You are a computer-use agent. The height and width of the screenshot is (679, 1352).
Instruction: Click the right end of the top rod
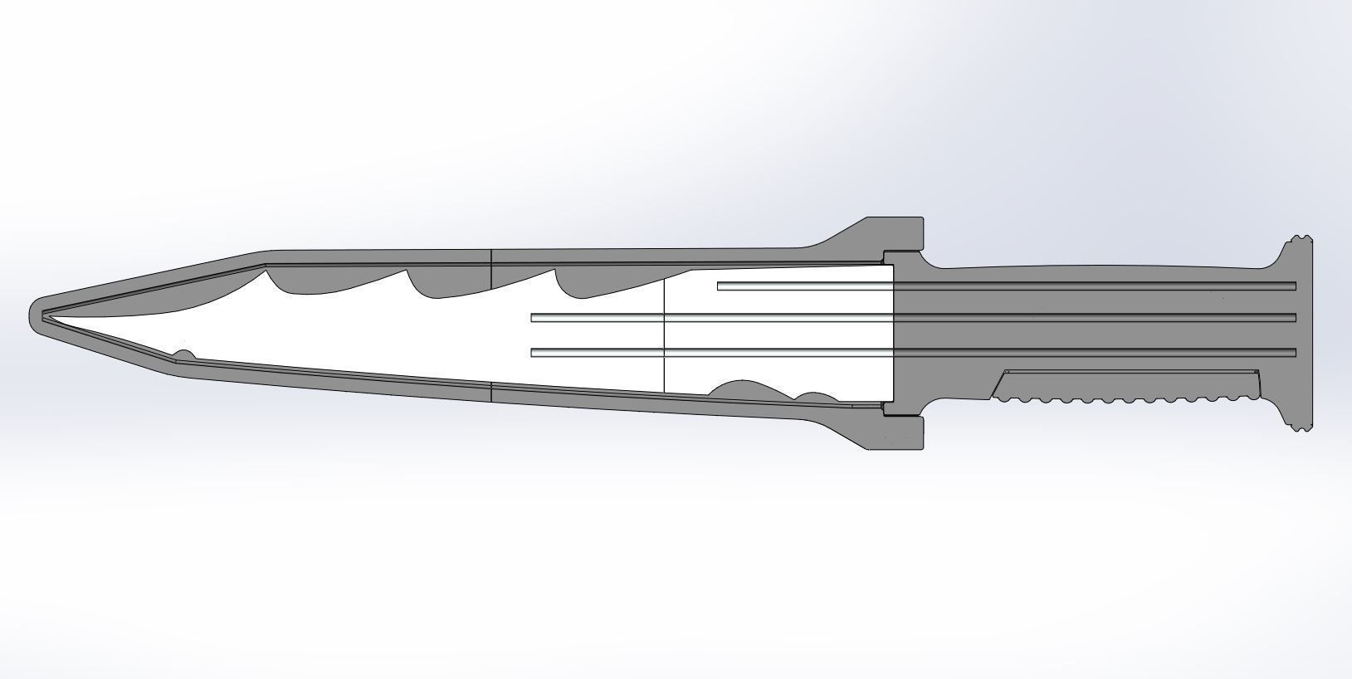[x=1292, y=286]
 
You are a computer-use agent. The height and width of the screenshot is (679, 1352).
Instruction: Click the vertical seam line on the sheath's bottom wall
[x=492, y=392]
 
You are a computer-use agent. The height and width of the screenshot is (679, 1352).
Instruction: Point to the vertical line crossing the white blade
[x=664, y=332]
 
